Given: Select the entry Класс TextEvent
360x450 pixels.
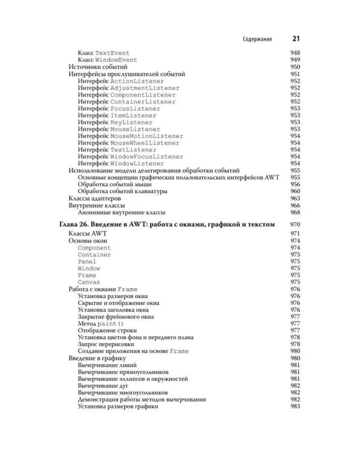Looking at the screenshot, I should (x=104, y=53).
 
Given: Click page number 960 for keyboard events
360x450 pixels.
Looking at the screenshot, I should (x=295, y=191).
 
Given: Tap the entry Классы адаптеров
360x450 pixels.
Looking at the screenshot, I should (x=95, y=198).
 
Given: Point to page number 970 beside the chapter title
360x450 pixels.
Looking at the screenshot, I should (x=295, y=224).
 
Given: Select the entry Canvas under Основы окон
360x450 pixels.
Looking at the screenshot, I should (x=88, y=282).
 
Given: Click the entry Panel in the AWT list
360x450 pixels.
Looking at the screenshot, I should (x=86, y=262).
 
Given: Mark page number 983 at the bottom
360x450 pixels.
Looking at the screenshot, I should (x=295, y=406).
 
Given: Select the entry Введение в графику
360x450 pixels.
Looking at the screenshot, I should (x=97, y=358).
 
